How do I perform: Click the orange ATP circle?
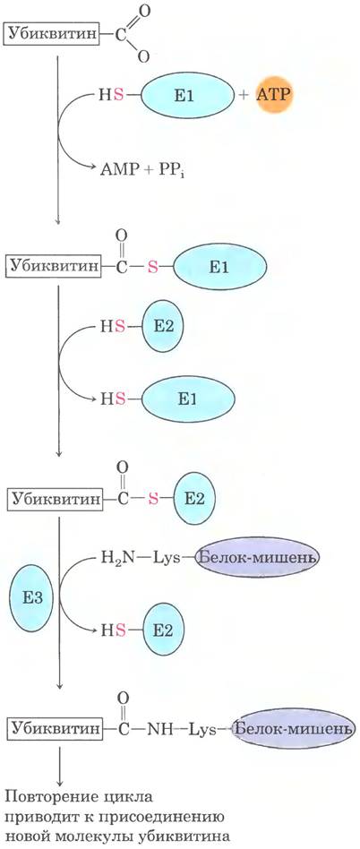[x=273, y=94]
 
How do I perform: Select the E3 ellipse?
[x=30, y=597]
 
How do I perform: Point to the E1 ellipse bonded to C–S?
[x=219, y=267]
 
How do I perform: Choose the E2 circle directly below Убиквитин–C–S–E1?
[x=162, y=327]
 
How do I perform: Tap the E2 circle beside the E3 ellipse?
[x=162, y=630]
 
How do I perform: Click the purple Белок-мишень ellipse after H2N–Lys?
[x=257, y=557]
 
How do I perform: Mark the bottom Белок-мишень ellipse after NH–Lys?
[x=294, y=729]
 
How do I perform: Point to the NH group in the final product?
[x=159, y=729]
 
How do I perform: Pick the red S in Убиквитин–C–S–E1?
[x=153, y=268]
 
